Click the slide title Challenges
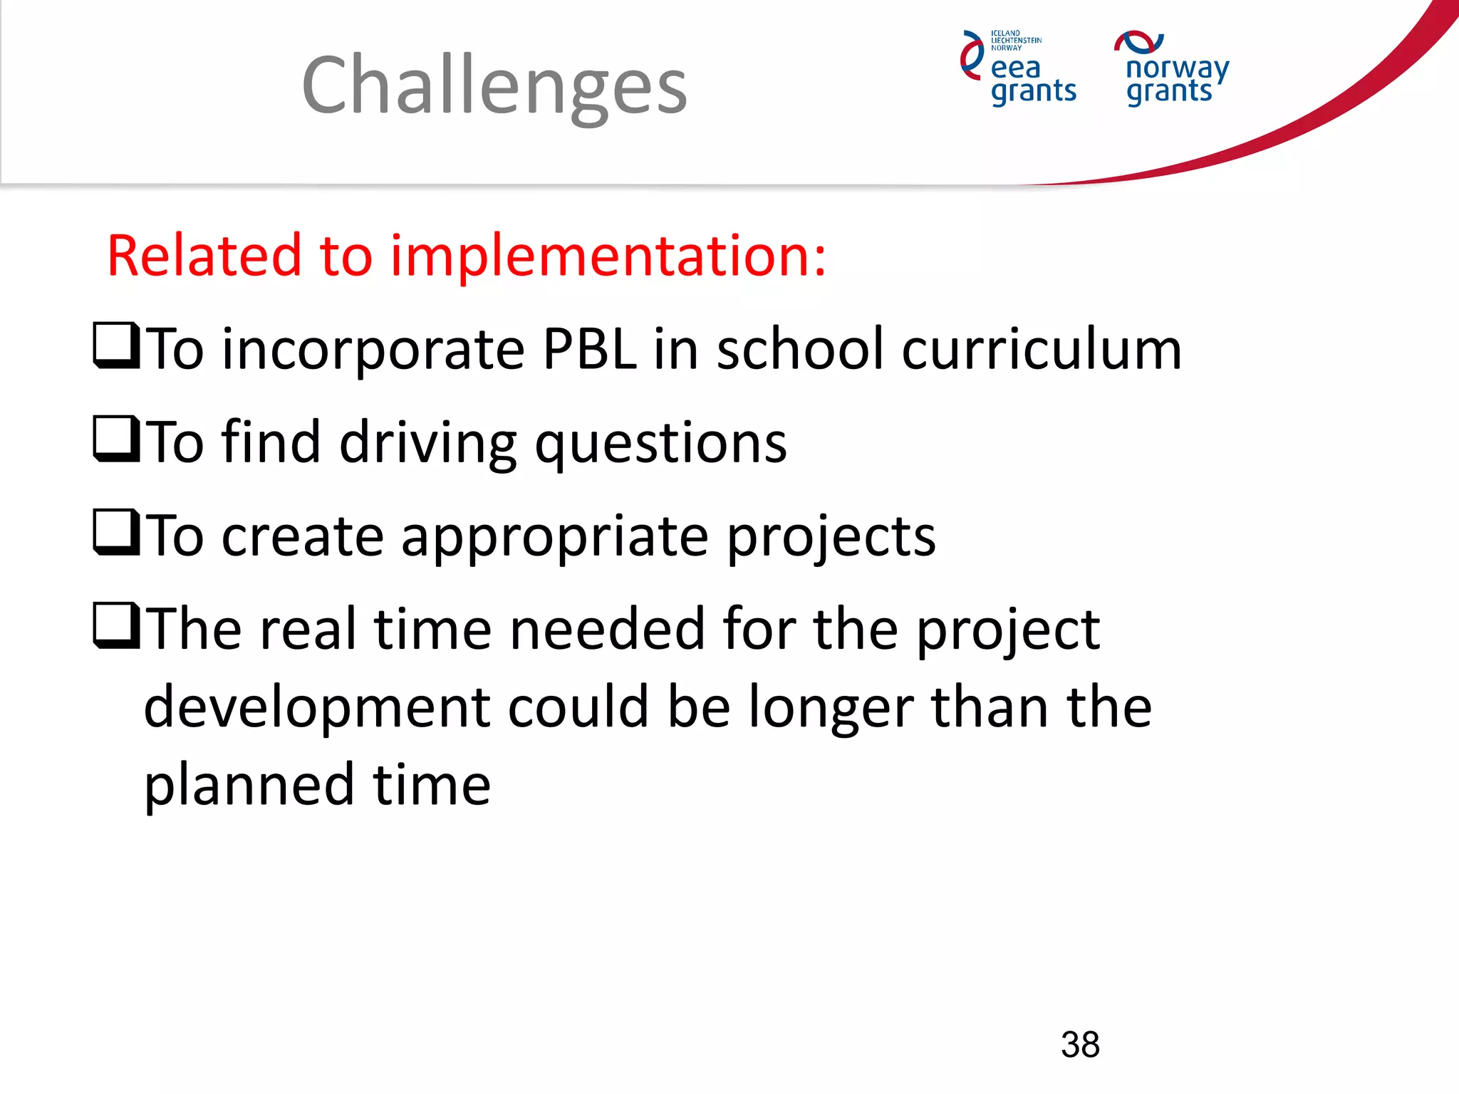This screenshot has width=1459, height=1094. click(494, 85)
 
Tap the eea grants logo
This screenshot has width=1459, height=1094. click(1019, 69)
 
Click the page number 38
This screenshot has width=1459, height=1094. click(1080, 1045)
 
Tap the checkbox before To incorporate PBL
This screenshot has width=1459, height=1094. click(115, 345)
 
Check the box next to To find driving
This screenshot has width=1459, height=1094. click(115, 439)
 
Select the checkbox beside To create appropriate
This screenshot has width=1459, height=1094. click(115, 532)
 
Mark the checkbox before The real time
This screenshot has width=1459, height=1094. click(115, 625)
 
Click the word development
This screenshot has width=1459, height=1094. click(317, 709)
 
